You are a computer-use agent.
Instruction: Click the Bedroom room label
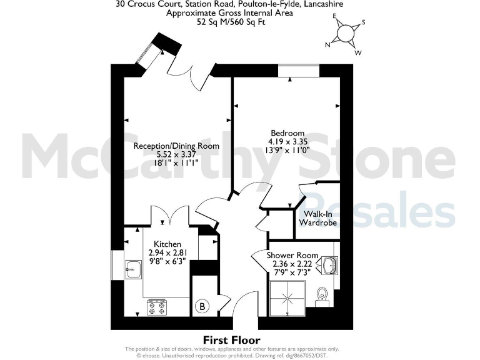287,132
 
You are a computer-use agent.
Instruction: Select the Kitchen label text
167,244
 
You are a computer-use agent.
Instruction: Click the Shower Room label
292,256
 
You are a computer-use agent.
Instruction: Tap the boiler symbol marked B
202,306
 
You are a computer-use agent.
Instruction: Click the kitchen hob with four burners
158,307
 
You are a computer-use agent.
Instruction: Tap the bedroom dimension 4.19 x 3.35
287,141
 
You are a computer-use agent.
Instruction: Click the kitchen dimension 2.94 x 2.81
167,252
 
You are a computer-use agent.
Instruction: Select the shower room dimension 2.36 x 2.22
292,264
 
